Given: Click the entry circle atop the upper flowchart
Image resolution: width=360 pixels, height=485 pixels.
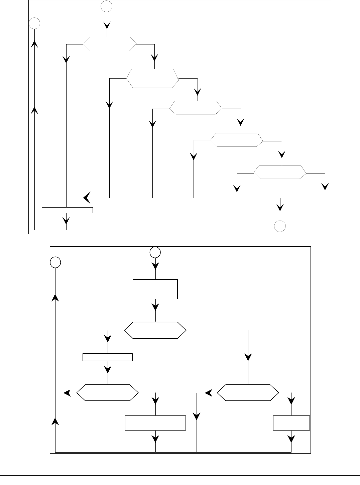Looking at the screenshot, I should pyautogui.click(x=107, y=6).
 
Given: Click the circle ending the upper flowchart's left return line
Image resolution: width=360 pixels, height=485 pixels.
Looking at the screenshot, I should pyautogui.click(x=34, y=23).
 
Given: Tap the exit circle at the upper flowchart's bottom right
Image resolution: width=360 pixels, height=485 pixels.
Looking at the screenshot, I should pyautogui.click(x=280, y=226).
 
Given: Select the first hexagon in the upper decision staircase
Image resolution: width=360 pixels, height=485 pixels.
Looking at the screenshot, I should pyautogui.click(x=110, y=44).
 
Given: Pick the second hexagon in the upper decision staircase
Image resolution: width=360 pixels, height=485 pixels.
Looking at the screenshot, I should pyautogui.click(x=152, y=79).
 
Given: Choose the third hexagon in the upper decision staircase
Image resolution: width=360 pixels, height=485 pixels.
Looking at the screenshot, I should pyautogui.click(x=196, y=108).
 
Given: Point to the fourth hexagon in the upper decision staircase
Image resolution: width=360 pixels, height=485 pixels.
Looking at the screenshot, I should pyautogui.click(x=237, y=140).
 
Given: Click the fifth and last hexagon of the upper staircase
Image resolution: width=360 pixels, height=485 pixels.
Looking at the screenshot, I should pyautogui.click(x=280, y=172).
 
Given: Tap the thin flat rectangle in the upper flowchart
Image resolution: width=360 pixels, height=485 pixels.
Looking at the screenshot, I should pyautogui.click(x=67, y=210).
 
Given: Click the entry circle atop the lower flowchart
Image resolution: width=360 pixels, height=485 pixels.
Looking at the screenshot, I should pyautogui.click(x=155, y=252).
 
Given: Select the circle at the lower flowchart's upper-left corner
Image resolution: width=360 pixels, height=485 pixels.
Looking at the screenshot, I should pyautogui.click(x=55, y=262).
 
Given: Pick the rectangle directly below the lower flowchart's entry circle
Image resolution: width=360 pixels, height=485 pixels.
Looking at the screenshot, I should pyautogui.click(x=155, y=289).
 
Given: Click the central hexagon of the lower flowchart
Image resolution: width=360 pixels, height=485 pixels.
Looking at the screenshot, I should pyautogui.click(x=155, y=331).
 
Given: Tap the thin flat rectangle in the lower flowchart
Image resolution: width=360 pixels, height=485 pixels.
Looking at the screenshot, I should pyautogui.click(x=108, y=357).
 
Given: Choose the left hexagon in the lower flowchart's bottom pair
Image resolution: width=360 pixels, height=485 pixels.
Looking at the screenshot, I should pyautogui.click(x=108, y=393).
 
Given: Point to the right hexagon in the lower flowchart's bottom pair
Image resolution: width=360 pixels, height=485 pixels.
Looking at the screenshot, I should pyautogui.click(x=248, y=393).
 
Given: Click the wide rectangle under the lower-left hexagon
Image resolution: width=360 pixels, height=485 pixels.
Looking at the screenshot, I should pyautogui.click(x=155, y=423).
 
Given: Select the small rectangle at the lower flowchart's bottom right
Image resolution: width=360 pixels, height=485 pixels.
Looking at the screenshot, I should pyautogui.click(x=291, y=423).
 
